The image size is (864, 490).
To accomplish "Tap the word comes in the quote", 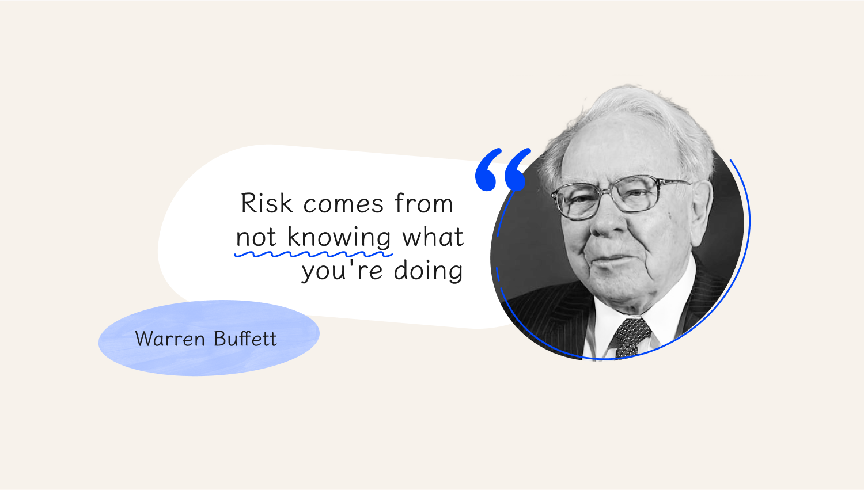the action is (343, 204).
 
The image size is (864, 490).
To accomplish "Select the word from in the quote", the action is (423, 203).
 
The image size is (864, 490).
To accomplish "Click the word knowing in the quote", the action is (339, 237).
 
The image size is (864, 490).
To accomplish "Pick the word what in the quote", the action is (433, 236).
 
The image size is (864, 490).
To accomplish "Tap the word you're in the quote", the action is (342, 271).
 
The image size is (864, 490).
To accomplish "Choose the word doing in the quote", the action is (428, 271).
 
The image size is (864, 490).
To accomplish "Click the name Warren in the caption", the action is (170, 339).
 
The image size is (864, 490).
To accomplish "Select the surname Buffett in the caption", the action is (245, 339).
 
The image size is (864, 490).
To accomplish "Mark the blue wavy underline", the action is (313, 255).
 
